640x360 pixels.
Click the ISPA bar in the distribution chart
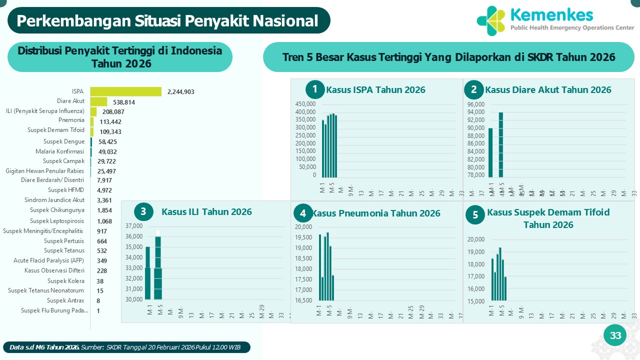(x=125, y=91)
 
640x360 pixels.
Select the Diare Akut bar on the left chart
(x=98, y=101)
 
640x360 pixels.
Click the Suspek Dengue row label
(x=64, y=141)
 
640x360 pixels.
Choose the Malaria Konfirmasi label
(x=60, y=151)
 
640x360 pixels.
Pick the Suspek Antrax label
(x=65, y=300)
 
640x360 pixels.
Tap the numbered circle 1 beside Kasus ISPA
(x=315, y=89)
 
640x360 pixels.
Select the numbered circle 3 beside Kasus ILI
(x=143, y=211)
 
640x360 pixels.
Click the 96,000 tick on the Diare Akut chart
(x=475, y=104)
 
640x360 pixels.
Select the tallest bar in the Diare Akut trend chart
(x=500, y=144)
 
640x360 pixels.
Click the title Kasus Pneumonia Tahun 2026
(x=376, y=213)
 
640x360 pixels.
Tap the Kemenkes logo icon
(x=491, y=20)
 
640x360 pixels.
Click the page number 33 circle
(x=615, y=335)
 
